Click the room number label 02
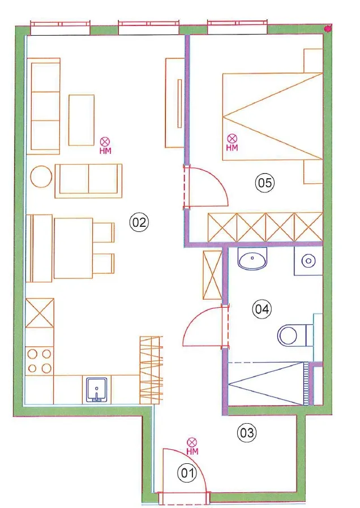click(x=139, y=222)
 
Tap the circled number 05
click(x=264, y=183)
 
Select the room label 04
click(x=262, y=309)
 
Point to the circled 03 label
click(x=247, y=432)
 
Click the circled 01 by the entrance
click(x=187, y=473)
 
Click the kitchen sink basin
click(x=97, y=390)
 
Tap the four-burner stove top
click(x=40, y=361)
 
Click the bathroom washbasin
click(x=252, y=258)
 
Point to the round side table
click(x=41, y=176)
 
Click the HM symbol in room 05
click(x=232, y=143)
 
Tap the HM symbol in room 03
click(x=192, y=446)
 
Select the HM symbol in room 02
click(x=105, y=145)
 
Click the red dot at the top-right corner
click(x=328, y=29)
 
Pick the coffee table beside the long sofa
click(x=82, y=120)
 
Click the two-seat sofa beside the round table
click(x=88, y=181)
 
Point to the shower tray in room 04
click(x=268, y=384)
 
